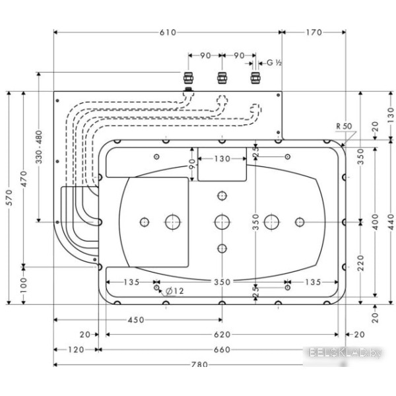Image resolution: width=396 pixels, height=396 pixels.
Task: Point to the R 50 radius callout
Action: pyautogui.click(x=343, y=125)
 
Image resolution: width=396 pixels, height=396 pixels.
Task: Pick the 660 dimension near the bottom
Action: pyautogui.click(x=222, y=350)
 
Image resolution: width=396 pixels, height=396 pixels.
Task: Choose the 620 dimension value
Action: pyautogui.click(x=222, y=335)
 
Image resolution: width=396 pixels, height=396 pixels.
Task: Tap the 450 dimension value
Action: pyautogui.click(x=135, y=320)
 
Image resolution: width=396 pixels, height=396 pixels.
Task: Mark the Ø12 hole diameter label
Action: pyautogui.click(x=172, y=290)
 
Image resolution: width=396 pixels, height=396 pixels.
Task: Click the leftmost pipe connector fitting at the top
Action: pyautogui.click(x=188, y=79)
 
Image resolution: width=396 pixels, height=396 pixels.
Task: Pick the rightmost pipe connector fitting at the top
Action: pyautogui.click(x=253, y=79)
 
